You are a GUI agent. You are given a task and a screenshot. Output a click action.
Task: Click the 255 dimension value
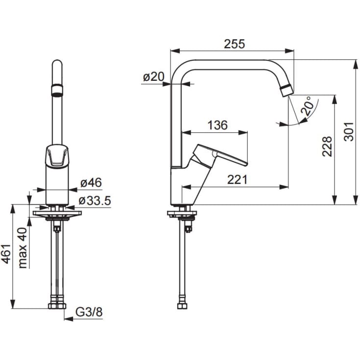point(235,44)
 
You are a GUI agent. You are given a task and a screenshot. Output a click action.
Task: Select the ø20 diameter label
point(154,77)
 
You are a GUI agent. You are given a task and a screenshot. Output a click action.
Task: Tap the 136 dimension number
point(217,125)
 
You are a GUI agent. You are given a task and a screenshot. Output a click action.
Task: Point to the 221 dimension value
point(238,180)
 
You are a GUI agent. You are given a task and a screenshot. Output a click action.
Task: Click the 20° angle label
point(307,106)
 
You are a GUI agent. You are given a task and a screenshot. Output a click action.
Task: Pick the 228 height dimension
point(327,146)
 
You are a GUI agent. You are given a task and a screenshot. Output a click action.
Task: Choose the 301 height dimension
point(349,132)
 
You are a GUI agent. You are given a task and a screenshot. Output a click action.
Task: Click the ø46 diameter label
point(91,183)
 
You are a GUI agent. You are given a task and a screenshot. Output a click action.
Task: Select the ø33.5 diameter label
point(95,200)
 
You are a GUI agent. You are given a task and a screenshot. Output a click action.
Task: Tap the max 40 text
point(23,248)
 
